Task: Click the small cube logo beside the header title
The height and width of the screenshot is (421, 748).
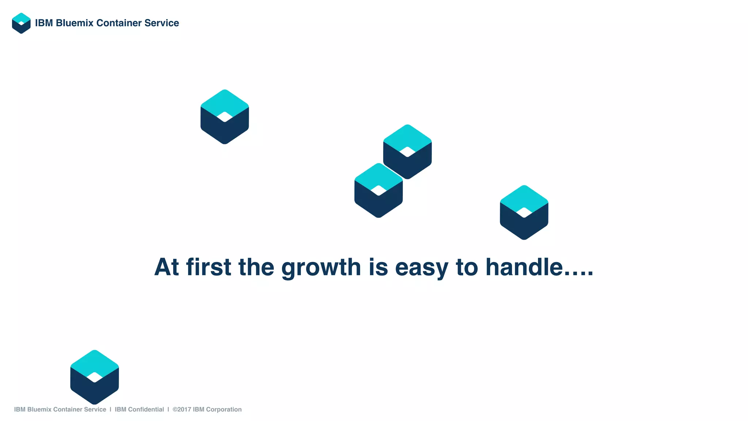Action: pos(21,23)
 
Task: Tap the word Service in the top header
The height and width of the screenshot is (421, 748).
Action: pos(161,23)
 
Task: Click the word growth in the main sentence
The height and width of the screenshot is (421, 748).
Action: pos(321,267)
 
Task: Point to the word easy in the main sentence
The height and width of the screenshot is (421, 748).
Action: pos(421,267)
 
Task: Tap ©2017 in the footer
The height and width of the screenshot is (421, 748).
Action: pos(182,409)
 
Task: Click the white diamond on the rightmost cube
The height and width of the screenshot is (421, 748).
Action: pos(524,212)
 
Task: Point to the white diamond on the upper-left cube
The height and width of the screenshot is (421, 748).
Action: pos(225,117)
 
